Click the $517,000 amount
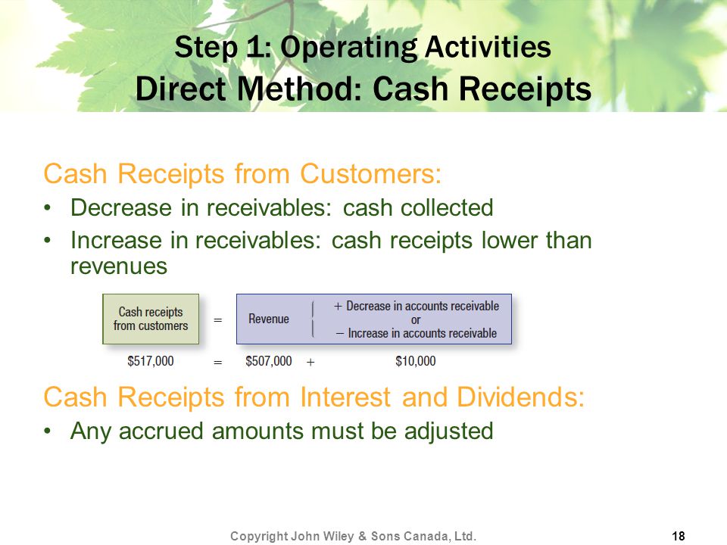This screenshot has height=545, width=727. tap(151, 361)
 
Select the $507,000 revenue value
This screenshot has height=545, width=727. tap(269, 361)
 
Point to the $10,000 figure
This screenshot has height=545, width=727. tap(416, 361)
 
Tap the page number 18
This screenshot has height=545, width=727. tap(679, 536)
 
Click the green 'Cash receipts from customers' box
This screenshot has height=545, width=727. tap(151, 319)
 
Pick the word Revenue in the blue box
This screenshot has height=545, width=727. tap(268, 319)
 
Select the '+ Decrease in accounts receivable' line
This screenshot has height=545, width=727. tap(417, 306)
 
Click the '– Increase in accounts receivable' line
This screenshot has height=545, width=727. tap(417, 333)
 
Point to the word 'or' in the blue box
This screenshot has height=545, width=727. tap(416, 319)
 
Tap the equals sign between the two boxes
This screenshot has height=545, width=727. tap(218, 319)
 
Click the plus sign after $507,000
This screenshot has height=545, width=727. tap(310, 362)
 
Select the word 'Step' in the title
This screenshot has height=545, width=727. tap(206, 48)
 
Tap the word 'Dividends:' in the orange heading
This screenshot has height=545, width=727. tap(521, 397)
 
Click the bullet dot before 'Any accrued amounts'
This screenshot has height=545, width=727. tap(47, 431)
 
